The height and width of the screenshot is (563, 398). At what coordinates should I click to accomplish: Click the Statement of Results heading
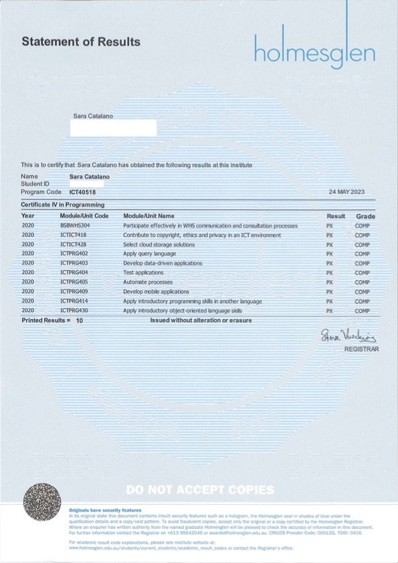coord(81,42)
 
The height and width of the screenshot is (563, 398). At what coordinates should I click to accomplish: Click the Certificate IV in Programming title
coord(63,205)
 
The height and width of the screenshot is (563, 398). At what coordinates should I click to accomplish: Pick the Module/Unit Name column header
coord(148,216)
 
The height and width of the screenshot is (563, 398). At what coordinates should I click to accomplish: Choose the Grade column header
coord(365,217)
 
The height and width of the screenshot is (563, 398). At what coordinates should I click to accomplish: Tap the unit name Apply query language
coord(149,254)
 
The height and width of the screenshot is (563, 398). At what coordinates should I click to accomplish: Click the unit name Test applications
coord(143,273)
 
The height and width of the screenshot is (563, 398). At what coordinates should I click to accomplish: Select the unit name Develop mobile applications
coord(156,292)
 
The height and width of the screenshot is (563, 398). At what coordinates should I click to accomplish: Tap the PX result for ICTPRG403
coord(329,263)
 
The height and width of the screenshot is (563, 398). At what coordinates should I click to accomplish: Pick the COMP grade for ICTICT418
coord(362,235)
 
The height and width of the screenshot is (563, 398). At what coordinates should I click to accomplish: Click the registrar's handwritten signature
coord(348,334)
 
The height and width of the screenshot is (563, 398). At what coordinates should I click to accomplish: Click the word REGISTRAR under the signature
coord(361,349)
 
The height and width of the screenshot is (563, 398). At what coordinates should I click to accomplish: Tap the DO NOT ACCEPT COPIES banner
coord(199,490)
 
